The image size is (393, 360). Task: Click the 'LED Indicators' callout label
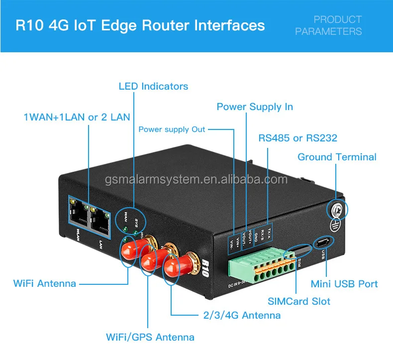(153, 86)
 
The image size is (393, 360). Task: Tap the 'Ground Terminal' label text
(337, 157)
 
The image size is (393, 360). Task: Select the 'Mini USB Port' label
(344, 284)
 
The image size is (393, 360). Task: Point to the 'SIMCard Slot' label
(298, 301)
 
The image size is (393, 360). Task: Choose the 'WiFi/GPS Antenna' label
(150, 337)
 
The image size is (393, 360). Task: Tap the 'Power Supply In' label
(255, 107)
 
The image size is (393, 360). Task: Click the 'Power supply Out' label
(172, 129)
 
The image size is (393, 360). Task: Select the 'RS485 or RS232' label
(297, 138)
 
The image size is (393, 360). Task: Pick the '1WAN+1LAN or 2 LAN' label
(77, 117)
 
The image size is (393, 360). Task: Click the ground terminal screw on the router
(336, 210)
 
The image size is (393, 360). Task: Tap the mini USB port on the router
(323, 242)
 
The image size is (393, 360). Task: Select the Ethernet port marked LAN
(100, 217)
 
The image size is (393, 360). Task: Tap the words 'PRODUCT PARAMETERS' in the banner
(328, 25)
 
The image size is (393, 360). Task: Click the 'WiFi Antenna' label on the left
(45, 284)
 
